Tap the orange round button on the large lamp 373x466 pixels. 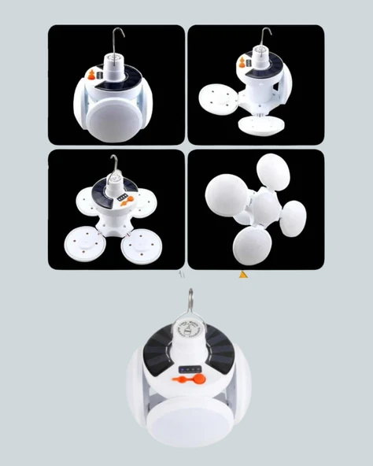point(199,379)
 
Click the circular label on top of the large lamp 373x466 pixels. point(189,331)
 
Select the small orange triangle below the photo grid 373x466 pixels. point(243,275)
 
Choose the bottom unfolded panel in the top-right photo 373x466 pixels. point(261,124)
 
